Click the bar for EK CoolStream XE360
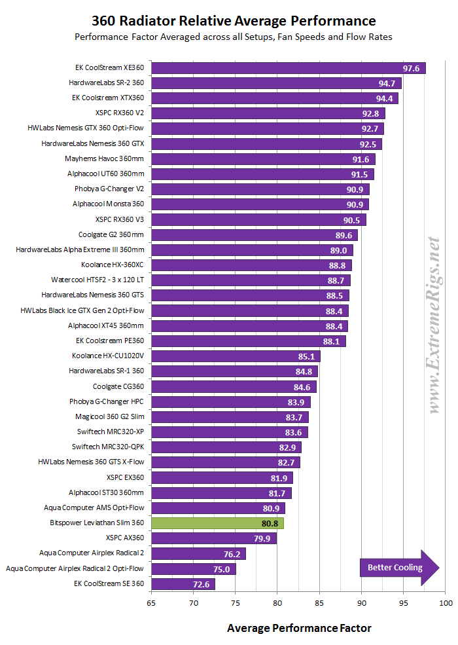(288, 68)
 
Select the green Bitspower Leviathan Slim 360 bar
(217, 523)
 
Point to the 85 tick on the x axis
(319, 602)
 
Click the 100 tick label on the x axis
(445, 602)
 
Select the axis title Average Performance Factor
(299, 629)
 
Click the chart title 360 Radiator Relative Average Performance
(232, 20)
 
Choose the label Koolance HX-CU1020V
(108, 356)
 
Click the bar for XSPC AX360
(213, 538)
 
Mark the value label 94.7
(387, 83)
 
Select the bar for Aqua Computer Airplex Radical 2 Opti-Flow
(193, 569)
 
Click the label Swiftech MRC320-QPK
(108, 447)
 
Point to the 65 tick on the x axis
(152, 602)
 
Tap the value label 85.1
(306, 356)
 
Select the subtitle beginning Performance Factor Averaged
(232, 37)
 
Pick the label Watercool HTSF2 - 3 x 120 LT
(97, 280)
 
